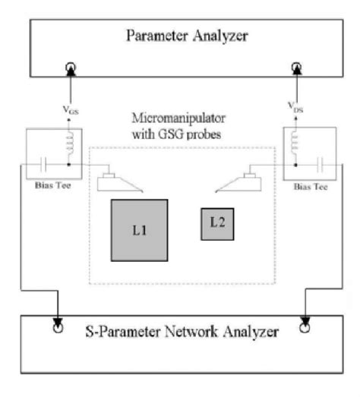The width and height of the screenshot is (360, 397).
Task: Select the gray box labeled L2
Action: (215, 222)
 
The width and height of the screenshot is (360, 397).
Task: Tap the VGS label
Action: (72, 109)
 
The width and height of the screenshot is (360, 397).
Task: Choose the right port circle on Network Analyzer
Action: (305, 329)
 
